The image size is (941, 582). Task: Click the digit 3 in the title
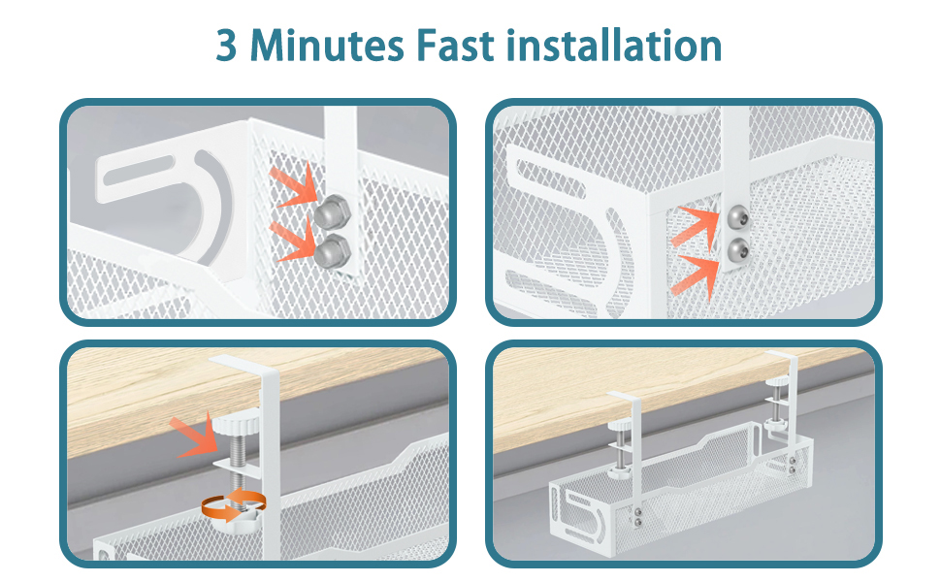pyautogui.click(x=227, y=45)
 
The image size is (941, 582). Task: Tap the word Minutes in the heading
pyautogui.click(x=327, y=45)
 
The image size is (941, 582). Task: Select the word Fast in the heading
pyautogui.click(x=454, y=45)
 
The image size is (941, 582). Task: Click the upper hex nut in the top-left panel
pyautogui.click(x=332, y=211)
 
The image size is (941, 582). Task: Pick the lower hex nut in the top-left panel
pyautogui.click(x=333, y=251)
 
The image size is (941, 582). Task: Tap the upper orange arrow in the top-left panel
pyautogui.click(x=294, y=185)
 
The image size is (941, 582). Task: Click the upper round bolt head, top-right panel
pyautogui.click(x=737, y=216)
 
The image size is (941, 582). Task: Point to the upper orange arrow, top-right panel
pyautogui.click(x=697, y=226)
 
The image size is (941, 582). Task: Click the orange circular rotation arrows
pyautogui.click(x=234, y=505)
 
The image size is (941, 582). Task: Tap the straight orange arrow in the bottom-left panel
pyautogui.click(x=194, y=435)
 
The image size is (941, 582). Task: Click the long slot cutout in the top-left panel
pyautogui.click(x=140, y=172)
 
